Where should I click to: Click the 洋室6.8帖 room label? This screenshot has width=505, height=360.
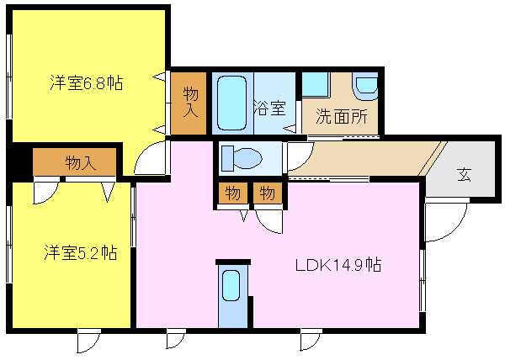tap(87, 83)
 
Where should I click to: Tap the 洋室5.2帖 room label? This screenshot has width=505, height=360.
tap(81, 252)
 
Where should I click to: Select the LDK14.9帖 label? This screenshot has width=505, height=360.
tap(338, 265)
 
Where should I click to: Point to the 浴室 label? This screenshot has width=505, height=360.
tap(269, 108)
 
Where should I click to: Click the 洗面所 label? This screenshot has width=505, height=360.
tap(342, 116)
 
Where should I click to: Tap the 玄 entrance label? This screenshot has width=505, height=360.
tap(464, 175)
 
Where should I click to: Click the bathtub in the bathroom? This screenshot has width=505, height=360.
tap(232, 103)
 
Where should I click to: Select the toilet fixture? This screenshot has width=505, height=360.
tap(242, 158)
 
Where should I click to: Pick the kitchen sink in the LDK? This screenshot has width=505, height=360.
tap(231, 285)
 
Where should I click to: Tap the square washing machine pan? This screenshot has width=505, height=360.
tap(316, 85)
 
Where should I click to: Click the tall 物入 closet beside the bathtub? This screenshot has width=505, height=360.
tap(189, 103)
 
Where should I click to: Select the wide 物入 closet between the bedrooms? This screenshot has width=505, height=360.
tap(75, 161)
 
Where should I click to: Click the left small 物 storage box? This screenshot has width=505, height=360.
tap(233, 193)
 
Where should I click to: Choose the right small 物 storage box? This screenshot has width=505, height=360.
tap(268, 193)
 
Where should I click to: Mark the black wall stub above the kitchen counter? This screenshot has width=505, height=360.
tap(233, 262)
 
